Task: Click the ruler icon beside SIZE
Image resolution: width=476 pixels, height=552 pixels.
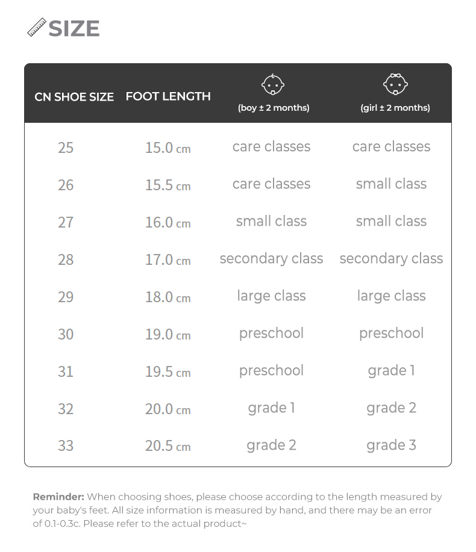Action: pyautogui.click(x=37, y=28)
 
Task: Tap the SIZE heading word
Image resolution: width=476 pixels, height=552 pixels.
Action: pyautogui.click(x=74, y=28)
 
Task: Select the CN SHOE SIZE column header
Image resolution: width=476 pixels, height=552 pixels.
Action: pyautogui.click(x=74, y=97)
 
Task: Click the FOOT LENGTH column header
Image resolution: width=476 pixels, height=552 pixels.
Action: pyautogui.click(x=168, y=96)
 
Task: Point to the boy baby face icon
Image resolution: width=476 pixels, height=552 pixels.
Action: pyautogui.click(x=273, y=85)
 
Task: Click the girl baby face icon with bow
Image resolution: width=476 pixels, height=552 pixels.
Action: pyautogui.click(x=395, y=84)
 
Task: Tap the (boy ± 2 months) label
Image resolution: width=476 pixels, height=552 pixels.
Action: pyautogui.click(x=274, y=108)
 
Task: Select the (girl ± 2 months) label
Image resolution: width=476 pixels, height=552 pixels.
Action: pyautogui.click(x=395, y=108)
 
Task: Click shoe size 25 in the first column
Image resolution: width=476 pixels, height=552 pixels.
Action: pyautogui.click(x=66, y=147)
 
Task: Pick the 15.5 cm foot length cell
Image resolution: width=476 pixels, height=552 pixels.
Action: pyautogui.click(x=168, y=185)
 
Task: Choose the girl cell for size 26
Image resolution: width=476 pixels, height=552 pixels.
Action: pyautogui.click(x=391, y=184)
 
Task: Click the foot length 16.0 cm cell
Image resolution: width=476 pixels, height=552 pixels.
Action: pyautogui.click(x=168, y=222)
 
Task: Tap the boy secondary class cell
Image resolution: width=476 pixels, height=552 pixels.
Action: pyautogui.click(x=271, y=259)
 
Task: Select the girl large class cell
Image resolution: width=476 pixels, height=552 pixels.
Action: pyautogui.click(x=391, y=296)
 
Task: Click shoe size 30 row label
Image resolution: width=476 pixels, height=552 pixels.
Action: pyautogui.click(x=66, y=334)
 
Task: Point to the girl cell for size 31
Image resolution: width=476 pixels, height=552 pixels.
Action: pyautogui.click(x=391, y=371)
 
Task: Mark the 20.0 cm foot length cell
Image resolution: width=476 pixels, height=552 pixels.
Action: pyautogui.click(x=168, y=409)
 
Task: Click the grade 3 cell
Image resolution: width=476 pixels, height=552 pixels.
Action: pyautogui.click(x=391, y=445)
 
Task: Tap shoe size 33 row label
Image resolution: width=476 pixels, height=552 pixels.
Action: pyautogui.click(x=66, y=446)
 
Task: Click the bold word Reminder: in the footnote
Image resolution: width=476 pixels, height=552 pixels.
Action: pyautogui.click(x=58, y=497)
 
